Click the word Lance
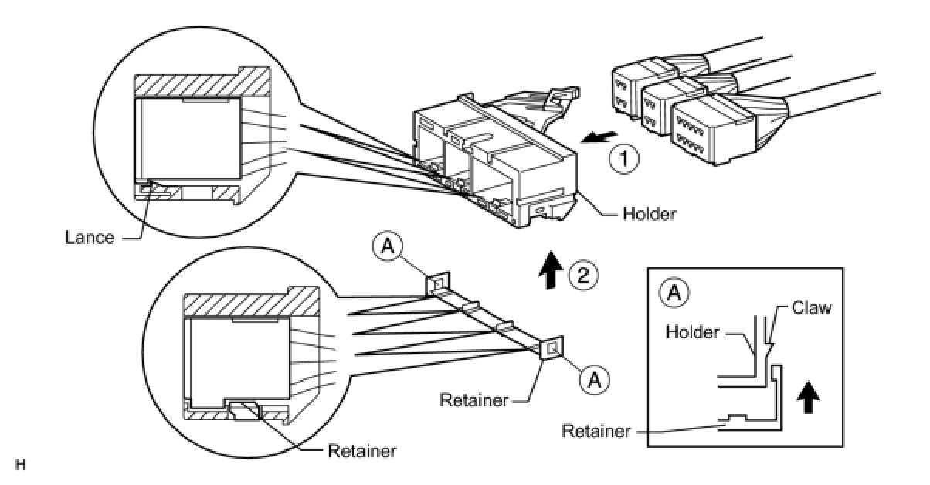(89, 238)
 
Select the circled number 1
(624, 160)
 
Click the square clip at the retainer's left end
(437, 286)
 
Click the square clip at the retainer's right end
(552, 349)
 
